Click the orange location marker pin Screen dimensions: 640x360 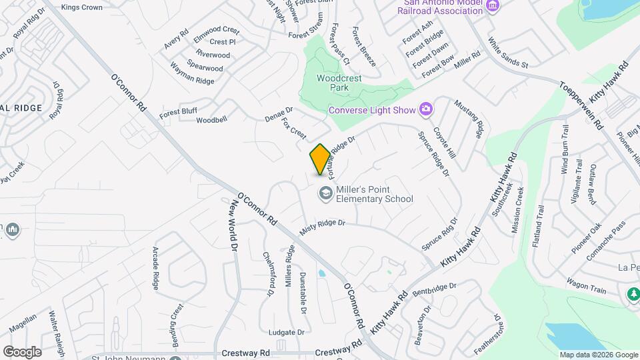320,159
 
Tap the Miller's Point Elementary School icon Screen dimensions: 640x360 325,194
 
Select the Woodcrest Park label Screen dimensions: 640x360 339,83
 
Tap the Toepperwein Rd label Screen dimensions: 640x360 581,105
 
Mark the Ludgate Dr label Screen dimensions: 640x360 286,332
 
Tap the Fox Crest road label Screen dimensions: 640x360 293,129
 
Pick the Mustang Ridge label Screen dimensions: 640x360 469,118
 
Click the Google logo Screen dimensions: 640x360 22,351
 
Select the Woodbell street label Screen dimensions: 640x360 211,120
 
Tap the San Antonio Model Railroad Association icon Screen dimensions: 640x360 493,7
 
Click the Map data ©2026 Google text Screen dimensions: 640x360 599,355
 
